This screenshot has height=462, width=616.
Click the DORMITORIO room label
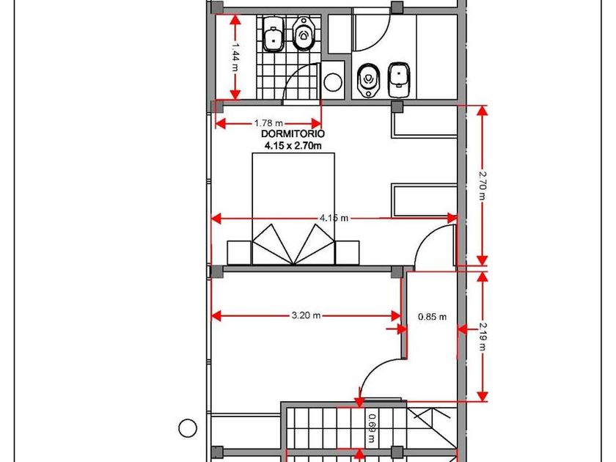point(293,134)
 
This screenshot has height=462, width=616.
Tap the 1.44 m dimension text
point(235,57)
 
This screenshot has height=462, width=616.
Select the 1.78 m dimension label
point(268,123)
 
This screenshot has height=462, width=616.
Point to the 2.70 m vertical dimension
point(483,185)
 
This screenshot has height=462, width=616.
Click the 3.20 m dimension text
point(306,315)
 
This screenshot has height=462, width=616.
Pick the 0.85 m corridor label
point(432,317)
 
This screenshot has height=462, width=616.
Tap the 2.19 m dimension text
point(483,337)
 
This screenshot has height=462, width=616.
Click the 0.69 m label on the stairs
point(371,429)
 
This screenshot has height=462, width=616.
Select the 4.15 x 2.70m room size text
point(293,146)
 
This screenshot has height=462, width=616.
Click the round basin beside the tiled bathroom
point(333,81)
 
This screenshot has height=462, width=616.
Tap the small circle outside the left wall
point(188,428)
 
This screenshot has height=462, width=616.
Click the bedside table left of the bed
point(239,252)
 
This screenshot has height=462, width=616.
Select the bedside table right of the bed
point(348,252)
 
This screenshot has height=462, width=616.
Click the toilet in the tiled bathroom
point(303,34)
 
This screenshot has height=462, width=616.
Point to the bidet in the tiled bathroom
point(274,34)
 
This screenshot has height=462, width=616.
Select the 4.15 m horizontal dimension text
point(334,218)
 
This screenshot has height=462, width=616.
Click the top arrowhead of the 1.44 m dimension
point(235,20)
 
